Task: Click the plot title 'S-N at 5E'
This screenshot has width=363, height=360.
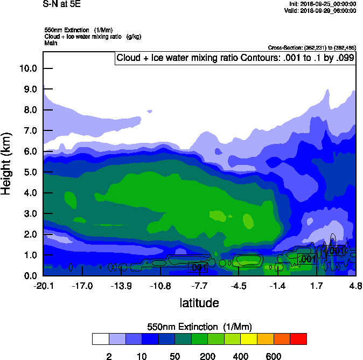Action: point(58,3)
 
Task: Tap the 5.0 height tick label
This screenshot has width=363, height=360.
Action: point(29,172)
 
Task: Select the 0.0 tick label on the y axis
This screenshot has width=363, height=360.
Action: point(29,276)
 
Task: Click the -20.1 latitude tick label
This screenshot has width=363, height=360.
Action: point(44,286)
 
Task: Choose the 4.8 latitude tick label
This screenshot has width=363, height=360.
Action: point(355,286)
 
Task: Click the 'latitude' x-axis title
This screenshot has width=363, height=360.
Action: point(199,303)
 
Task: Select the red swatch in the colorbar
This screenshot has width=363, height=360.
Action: point(298,339)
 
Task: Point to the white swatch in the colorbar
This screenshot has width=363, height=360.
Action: point(100,339)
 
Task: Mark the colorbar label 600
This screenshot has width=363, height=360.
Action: point(274,356)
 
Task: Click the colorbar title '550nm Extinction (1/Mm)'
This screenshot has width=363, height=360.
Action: point(199,327)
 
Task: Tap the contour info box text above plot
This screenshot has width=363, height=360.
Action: point(235,58)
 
